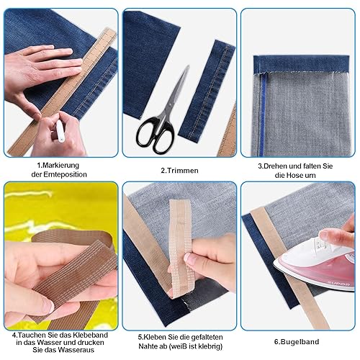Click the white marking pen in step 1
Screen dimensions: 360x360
(60, 131)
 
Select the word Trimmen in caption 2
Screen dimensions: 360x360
(183, 171)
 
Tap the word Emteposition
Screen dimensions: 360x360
(65, 174)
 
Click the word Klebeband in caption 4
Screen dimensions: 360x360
(89, 335)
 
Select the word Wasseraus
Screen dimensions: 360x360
(76, 350)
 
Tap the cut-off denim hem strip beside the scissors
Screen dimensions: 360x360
(207, 91)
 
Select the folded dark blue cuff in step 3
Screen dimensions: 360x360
(302, 63)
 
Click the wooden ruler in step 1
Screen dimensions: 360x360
(63, 91)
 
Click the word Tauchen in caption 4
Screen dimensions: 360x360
(32, 335)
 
